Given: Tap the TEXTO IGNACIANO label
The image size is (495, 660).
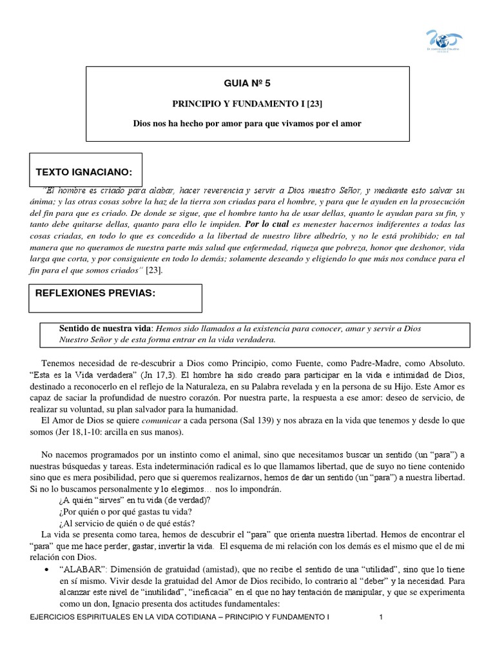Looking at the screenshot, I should [84, 172].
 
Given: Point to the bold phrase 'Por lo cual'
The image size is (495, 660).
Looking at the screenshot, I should [266, 225].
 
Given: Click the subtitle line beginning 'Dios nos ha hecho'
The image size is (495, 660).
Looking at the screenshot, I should [247, 123].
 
